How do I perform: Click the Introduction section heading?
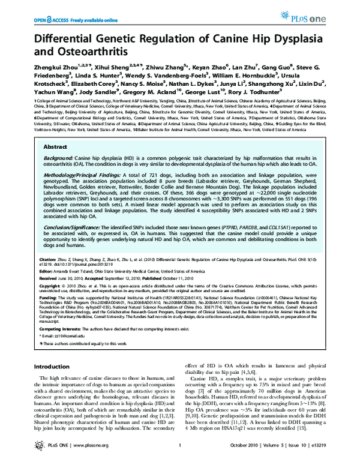51,365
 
